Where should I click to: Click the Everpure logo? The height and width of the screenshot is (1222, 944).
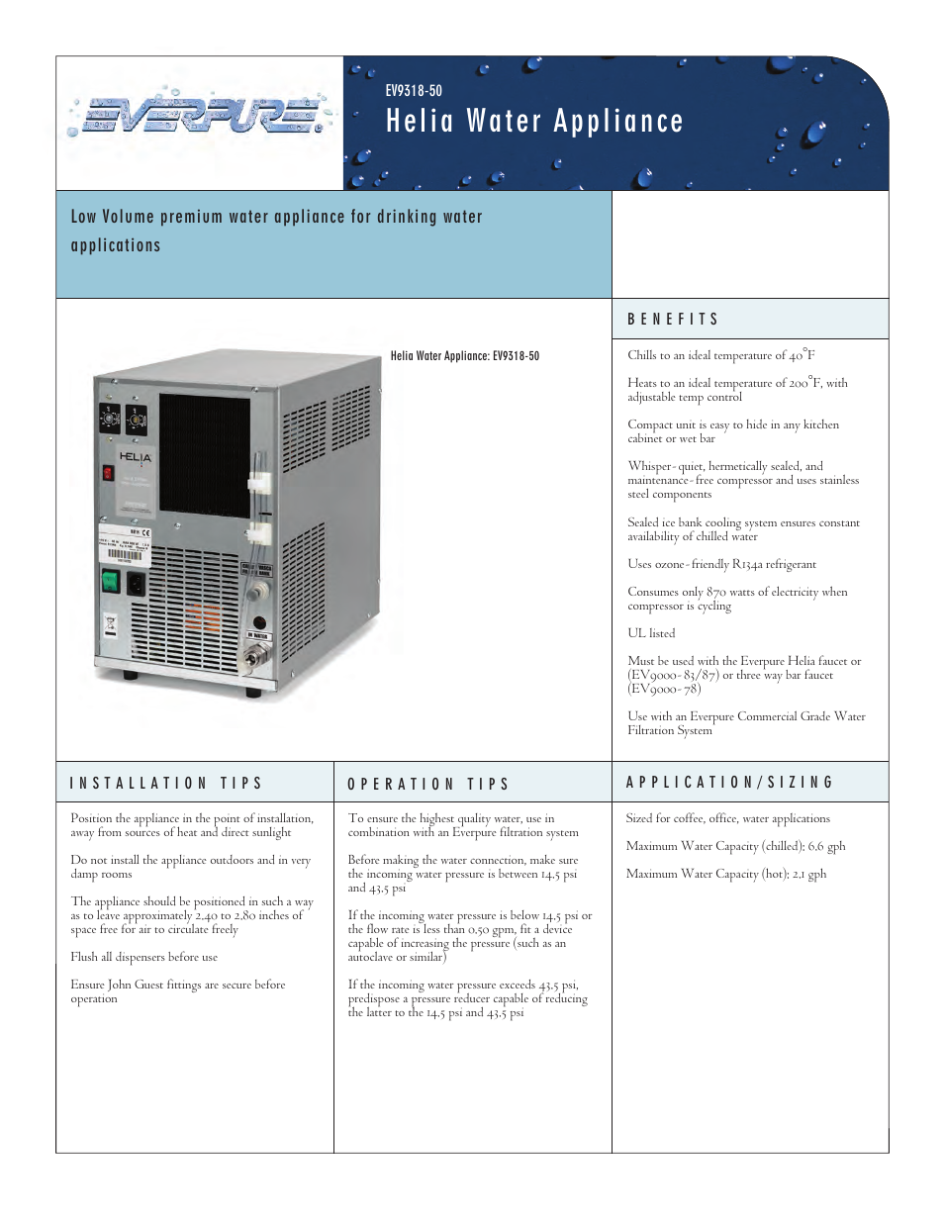coord(198,115)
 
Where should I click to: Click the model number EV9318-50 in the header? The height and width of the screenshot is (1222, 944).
coord(414,90)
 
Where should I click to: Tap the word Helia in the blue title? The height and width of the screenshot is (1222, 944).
coord(420,122)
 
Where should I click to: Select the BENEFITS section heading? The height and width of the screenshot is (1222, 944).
coord(673,319)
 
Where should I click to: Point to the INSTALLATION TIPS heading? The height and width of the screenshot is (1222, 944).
coord(166,783)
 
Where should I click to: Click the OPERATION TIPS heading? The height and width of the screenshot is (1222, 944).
coord(428,784)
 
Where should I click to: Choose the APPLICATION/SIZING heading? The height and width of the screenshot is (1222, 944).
coord(730,782)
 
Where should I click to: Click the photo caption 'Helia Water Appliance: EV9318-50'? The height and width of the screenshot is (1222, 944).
coord(464,356)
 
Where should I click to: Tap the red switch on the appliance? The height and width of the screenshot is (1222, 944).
coord(108,472)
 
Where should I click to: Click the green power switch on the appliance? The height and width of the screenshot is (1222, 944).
coord(110,581)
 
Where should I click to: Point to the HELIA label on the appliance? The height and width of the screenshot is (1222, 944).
coord(136,457)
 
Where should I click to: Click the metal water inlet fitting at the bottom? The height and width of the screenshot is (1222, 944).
coord(254,655)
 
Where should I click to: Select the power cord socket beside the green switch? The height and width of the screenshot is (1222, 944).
coord(136,583)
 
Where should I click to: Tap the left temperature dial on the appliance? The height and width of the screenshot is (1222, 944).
coord(110,420)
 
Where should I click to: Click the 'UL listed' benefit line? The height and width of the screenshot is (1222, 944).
coord(651,633)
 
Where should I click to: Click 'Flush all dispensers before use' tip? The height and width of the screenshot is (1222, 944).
coord(144,957)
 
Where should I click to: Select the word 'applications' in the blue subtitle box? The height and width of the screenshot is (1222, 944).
coord(116,245)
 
